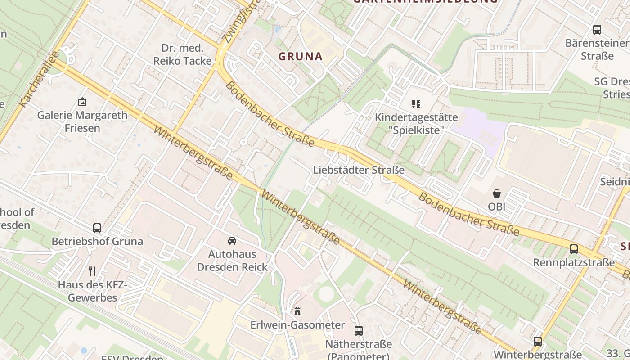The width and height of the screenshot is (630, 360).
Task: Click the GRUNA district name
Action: (301, 56)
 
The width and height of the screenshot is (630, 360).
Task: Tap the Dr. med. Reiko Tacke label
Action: (182, 54)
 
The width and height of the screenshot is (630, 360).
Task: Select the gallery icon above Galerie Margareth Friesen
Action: (82, 102)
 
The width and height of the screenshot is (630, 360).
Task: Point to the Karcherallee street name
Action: (40, 80)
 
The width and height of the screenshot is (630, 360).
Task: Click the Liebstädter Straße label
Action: (358, 170)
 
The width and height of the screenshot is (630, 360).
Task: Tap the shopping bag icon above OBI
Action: (497, 193)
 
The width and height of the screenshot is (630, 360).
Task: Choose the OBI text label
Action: (497, 207)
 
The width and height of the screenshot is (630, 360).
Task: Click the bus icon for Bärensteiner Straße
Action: (597, 30)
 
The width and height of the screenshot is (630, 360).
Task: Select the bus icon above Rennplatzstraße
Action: (574, 249)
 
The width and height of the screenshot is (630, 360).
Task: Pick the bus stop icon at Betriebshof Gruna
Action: (97, 228)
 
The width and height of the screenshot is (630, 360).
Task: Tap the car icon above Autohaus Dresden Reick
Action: (232, 241)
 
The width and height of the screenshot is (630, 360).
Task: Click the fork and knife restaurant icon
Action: (92, 271)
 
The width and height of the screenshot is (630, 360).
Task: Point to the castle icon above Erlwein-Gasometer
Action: (297, 311)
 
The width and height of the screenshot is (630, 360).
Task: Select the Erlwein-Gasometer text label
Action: (297, 325)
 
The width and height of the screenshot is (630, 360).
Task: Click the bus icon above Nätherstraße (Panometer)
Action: (359, 331)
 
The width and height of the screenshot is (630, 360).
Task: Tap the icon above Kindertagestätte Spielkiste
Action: (416, 104)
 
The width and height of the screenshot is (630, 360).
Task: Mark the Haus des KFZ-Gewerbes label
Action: (93, 291)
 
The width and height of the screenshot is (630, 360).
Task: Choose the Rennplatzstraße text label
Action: (574, 262)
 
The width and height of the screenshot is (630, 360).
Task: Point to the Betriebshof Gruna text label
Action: (97, 241)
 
